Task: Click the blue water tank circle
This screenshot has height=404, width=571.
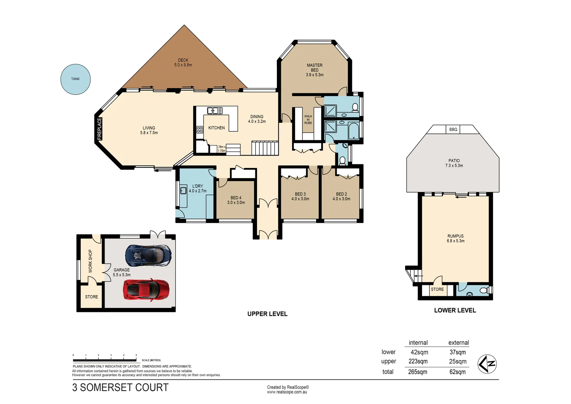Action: point(75,79)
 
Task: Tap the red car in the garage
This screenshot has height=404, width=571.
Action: point(146,290)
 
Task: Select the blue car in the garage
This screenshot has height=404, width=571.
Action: point(149,255)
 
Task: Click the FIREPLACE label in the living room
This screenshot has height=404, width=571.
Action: point(100,129)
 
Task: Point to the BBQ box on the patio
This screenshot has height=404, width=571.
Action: point(453,130)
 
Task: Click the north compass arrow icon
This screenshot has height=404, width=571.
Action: point(487,364)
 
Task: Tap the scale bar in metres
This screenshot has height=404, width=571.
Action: point(105,359)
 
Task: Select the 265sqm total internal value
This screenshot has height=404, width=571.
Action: point(418,372)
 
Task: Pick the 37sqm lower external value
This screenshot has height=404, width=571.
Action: point(458,352)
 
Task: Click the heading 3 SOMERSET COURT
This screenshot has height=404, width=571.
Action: point(120,387)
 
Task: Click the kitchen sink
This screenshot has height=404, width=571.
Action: point(215,111)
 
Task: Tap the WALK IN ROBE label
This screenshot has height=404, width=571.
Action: point(308,120)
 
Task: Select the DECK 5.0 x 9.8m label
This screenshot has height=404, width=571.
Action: point(183,63)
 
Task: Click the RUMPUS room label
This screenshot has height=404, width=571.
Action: point(456,238)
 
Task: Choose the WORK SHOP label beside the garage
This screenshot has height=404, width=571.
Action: point(90,261)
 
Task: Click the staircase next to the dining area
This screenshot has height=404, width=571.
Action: point(265,148)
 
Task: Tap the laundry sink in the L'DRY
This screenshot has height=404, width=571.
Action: point(183,190)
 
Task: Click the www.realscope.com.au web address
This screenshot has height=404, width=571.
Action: point(287,392)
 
